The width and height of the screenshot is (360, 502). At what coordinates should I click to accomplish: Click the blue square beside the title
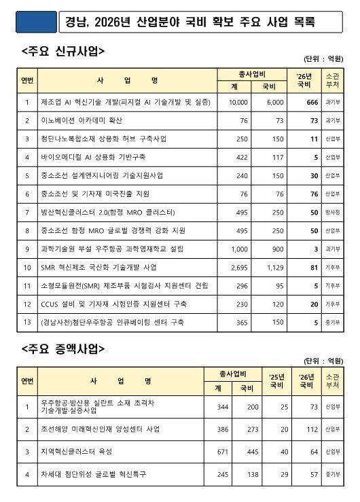point(32,21)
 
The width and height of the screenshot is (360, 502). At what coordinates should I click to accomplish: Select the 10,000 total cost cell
point(238,102)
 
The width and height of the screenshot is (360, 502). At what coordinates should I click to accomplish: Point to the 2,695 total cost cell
point(238,267)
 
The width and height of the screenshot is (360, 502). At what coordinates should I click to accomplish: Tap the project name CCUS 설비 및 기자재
point(111,304)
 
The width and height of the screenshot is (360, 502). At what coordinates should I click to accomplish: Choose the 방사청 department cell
point(333,212)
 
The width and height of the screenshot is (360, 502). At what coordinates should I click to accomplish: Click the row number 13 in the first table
point(26,322)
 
